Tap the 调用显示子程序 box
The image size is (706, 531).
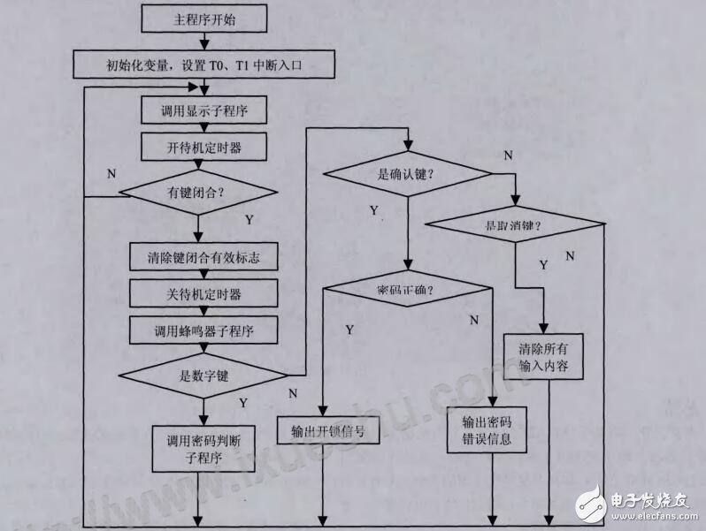point(203,112)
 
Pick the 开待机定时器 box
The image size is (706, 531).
point(203,148)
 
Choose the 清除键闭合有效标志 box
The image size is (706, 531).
point(203,257)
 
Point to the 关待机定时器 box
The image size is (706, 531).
point(203,293)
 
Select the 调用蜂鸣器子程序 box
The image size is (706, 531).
point(203,330)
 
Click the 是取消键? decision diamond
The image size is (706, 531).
point(515,225)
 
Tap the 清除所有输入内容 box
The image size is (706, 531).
point(543,356)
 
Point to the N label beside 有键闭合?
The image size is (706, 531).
point(111,173)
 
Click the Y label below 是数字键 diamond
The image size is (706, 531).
point(243,403)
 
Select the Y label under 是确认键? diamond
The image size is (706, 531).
point(374,210)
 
